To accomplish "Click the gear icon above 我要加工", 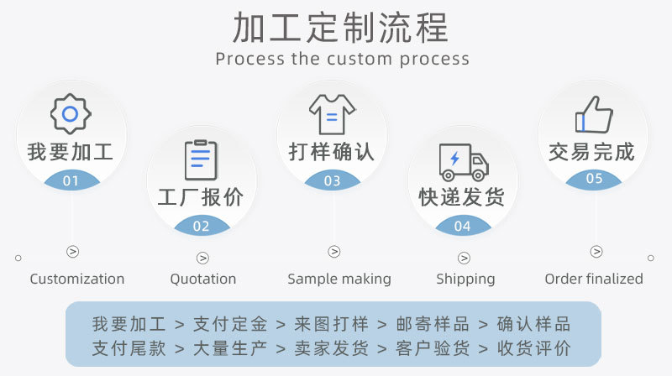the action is (71, 114).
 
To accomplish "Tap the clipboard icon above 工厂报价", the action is (201, 159).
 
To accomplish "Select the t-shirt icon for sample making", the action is (332, 114).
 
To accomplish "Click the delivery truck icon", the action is (464, 162).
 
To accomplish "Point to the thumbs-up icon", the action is (594, 114).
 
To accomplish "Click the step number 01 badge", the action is (71, 180).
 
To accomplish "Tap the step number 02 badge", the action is (202, 225).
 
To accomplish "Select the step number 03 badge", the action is (332, 180).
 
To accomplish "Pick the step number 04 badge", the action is (463, 225).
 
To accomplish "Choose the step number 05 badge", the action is (594, 179).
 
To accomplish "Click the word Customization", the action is (77, 279).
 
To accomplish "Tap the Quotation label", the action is (203, 279).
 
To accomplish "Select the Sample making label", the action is (339, 279).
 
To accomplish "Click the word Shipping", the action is (465, 279).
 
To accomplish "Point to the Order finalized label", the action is (594, 279).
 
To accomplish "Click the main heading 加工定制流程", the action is (341, 28).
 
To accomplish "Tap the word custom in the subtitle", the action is (360, 59).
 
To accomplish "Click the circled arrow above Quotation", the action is (202, 258).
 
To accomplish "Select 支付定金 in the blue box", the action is (230, 324).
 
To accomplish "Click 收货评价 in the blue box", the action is (534, 348).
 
